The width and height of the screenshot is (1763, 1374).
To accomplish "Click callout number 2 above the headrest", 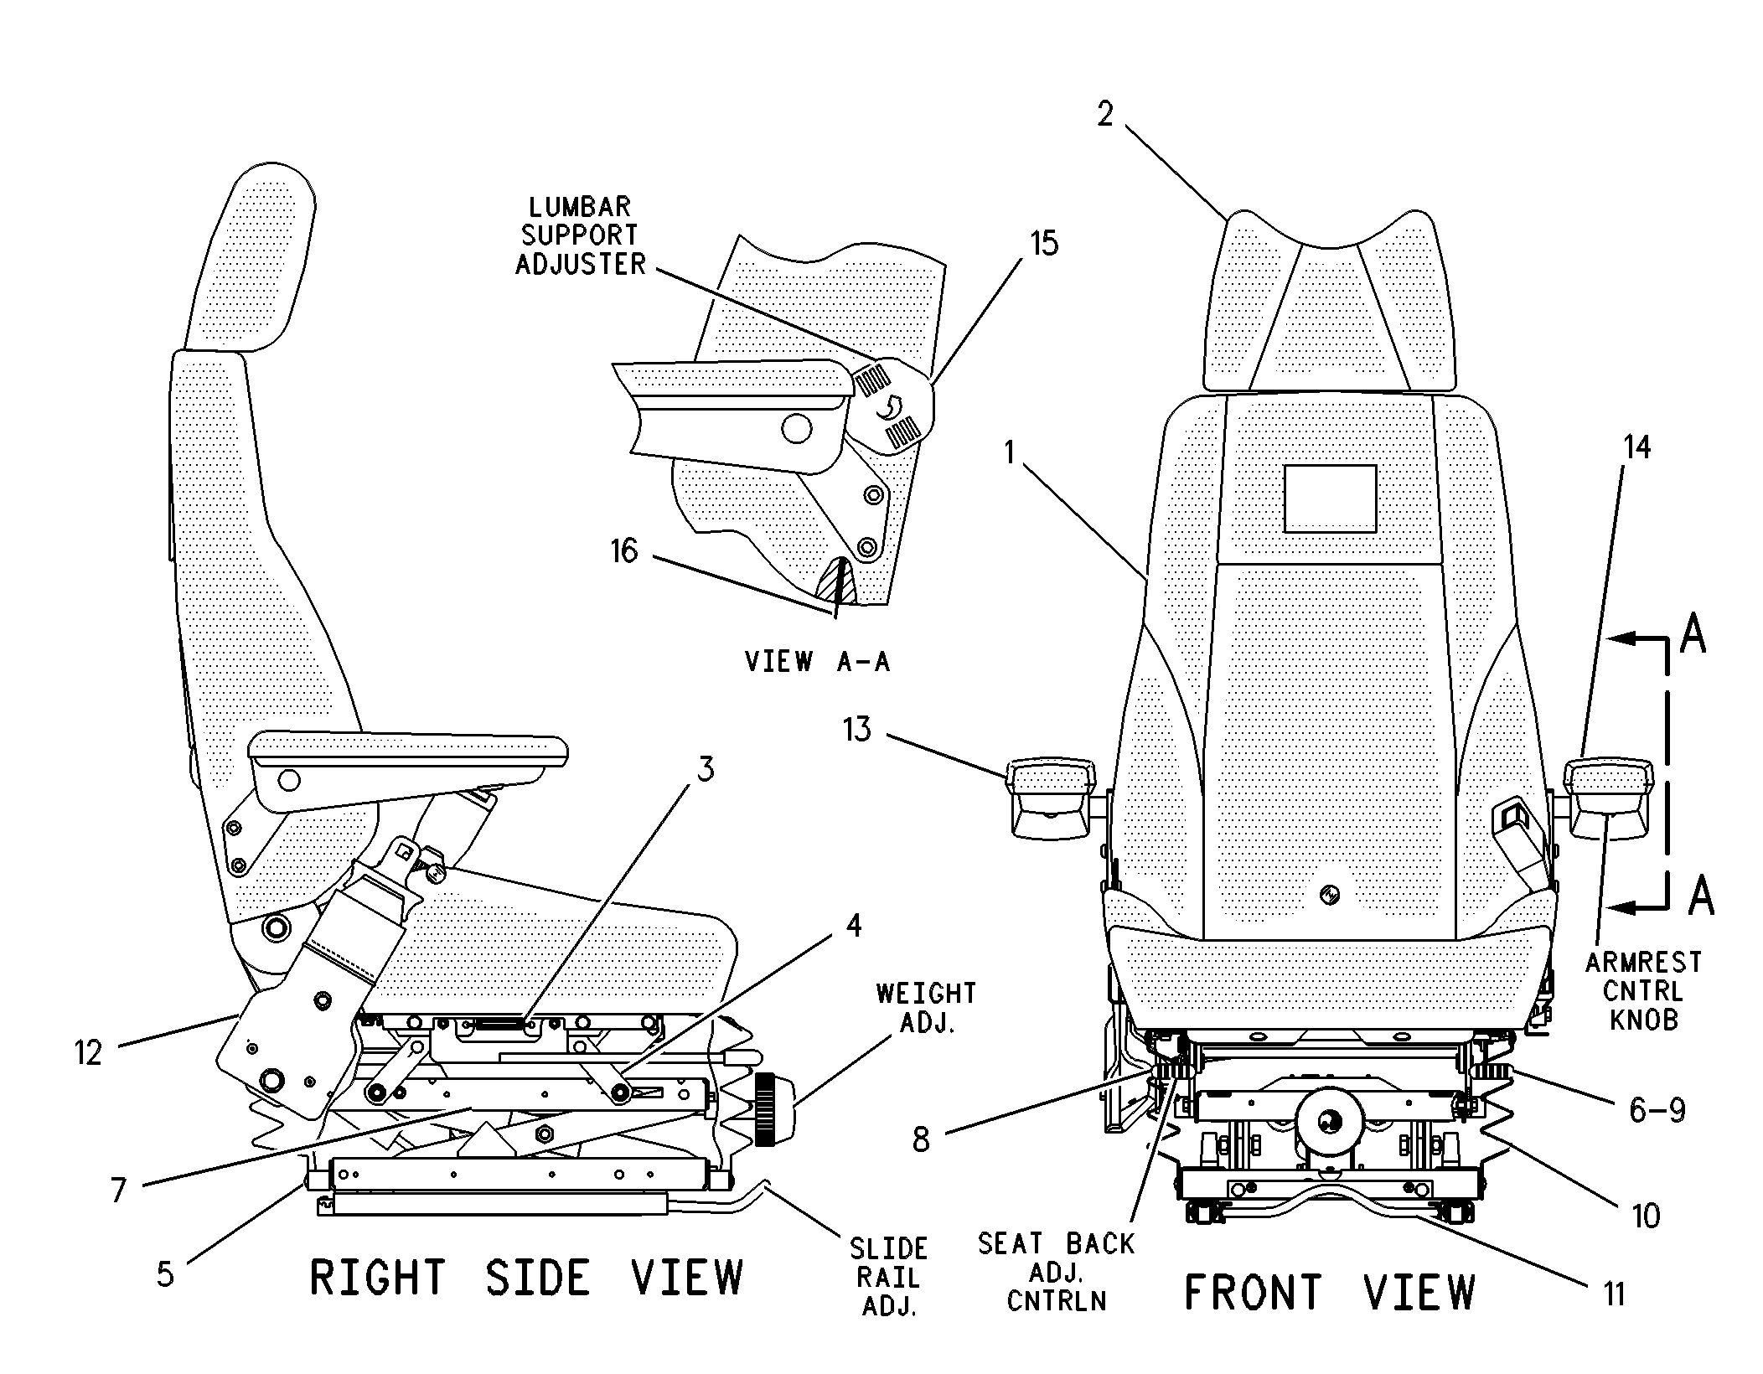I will [1105, 115].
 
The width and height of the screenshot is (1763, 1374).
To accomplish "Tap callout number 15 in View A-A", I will [1044, 244].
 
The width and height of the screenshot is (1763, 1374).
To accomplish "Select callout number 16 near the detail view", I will [624, 551].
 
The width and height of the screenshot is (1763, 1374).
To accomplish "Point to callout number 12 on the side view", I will [88, 1052].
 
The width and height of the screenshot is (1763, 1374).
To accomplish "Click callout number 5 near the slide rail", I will [165, 1273].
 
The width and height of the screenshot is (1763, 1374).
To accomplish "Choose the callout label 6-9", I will [1657, 1110].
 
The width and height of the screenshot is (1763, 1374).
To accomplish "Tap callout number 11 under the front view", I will [1615, 1294].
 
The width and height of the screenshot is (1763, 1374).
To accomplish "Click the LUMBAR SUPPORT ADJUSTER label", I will [580, 235].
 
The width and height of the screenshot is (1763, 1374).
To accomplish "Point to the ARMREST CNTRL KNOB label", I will [1643, 990].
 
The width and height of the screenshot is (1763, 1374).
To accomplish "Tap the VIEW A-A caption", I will [817, 662].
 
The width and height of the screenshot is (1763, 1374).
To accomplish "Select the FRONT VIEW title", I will [1329, 1291].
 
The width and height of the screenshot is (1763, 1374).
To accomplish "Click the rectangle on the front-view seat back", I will [1330, 498].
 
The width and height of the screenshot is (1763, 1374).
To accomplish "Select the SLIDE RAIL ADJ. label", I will [888, 1277].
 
